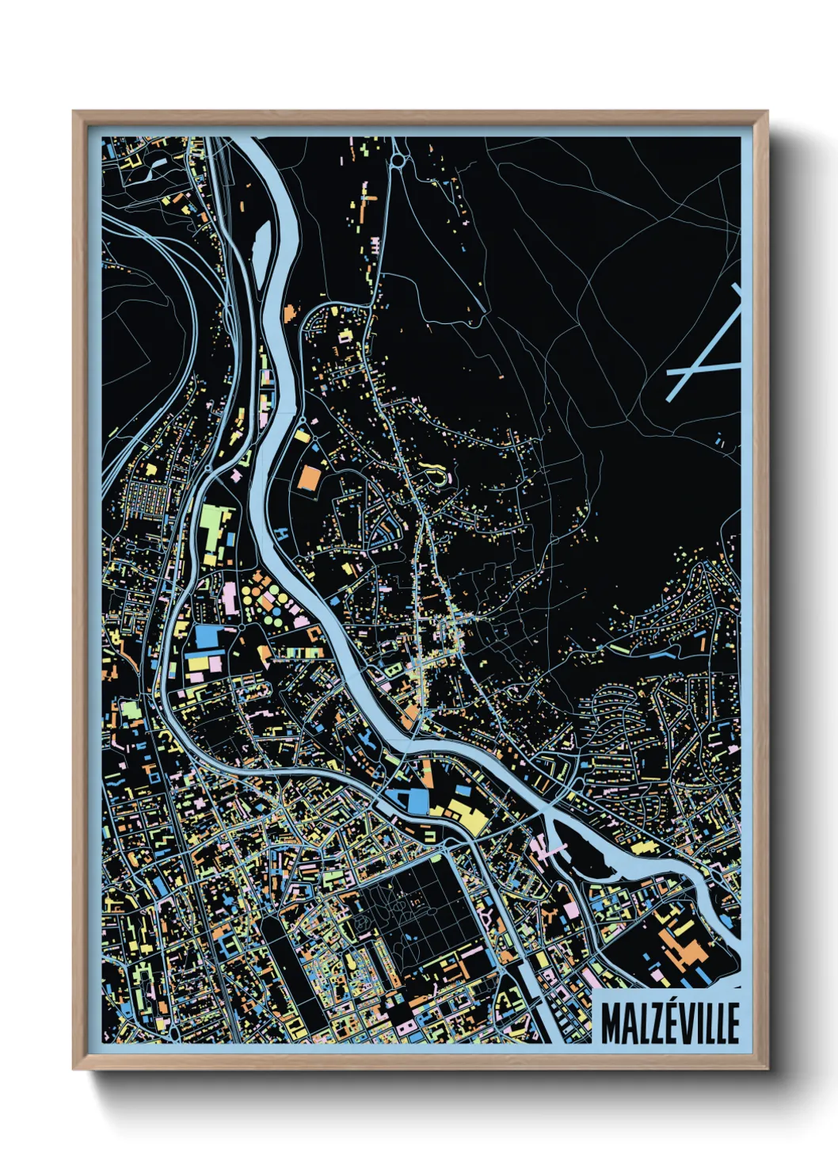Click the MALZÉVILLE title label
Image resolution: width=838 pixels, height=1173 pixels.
tap(669, 1022)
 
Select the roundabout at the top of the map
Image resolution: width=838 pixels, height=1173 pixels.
tap(397, 161)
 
